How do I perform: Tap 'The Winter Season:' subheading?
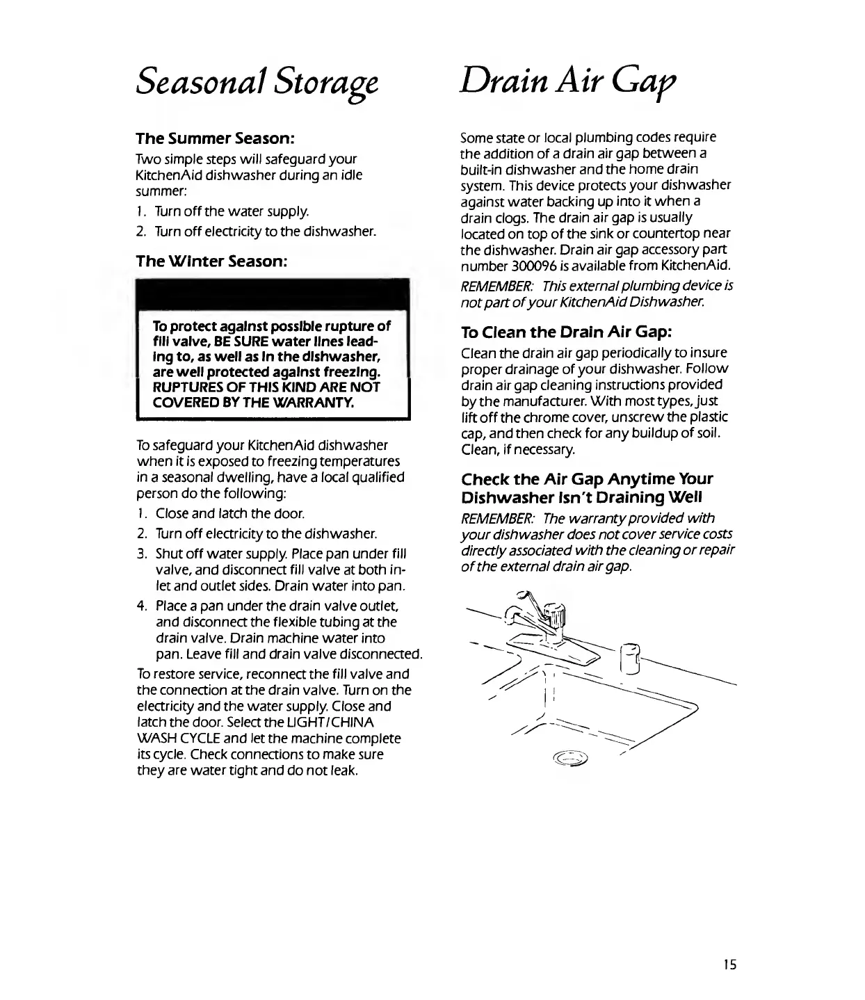211,261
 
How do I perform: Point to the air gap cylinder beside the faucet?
630,658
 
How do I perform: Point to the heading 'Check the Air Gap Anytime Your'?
587,479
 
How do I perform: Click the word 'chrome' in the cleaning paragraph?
532,417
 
